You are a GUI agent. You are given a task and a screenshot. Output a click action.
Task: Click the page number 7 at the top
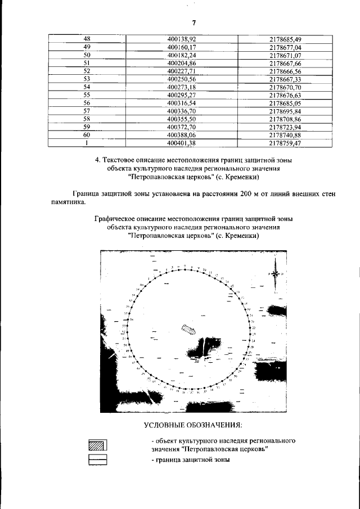pos(193,22)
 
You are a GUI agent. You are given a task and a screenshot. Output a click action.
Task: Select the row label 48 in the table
pos(87,39)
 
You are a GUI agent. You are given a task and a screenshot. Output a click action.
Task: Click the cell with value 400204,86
pos(181,64)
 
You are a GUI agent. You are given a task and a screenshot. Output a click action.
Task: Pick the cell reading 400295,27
pos(181,96)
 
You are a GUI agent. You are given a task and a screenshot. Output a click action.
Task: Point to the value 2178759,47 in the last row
pos(285,143)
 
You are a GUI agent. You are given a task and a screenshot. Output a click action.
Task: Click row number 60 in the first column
pos(87,136)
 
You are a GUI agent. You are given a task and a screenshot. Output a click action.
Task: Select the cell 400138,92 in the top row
pos(181,39)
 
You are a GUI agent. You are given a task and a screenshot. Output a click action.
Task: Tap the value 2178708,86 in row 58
pos(285,120)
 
